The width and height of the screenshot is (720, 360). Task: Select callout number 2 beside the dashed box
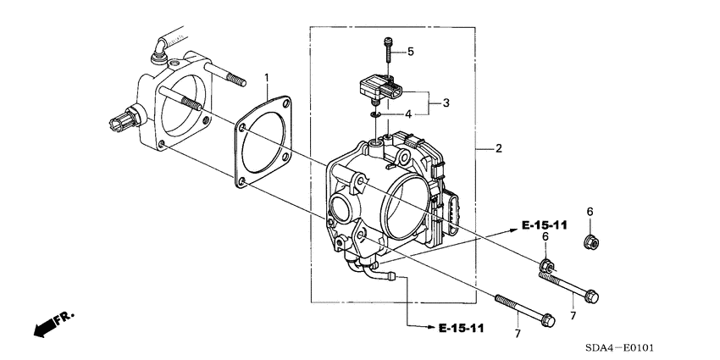[x=498, y=148]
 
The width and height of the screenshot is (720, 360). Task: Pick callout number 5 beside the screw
[x=410, y=52]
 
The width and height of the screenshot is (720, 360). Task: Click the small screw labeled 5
[x=388, y=50]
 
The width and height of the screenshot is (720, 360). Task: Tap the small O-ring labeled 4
[x=374, y=114]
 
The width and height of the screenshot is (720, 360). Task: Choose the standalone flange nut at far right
[x=590, y=243]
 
